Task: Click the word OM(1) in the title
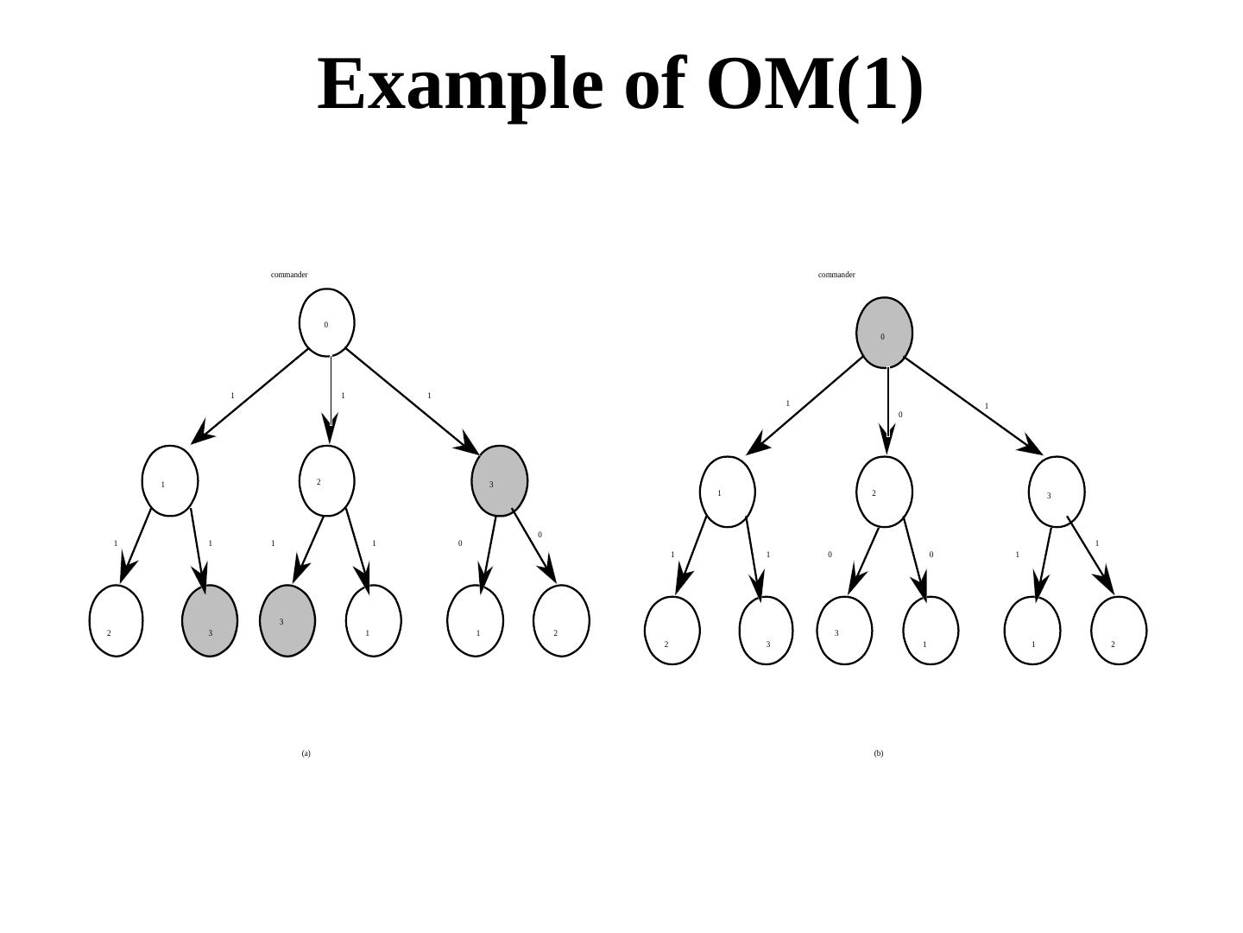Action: (x=815, y=84)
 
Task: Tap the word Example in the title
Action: (x=460, y=84)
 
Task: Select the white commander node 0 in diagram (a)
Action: (x=327, y=322)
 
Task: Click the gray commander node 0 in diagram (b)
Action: (x=885, y=333)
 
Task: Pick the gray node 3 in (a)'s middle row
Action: (x=500, y=481)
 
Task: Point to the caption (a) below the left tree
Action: (x=306, y=753)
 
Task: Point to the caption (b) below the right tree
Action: (x=879, y=753)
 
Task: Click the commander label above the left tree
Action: (x=289, y=275)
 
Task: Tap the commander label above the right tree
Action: (x=836, y=275)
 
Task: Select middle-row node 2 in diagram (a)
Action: (x=327, y=481)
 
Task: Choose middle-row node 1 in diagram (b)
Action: (x=728, y=492)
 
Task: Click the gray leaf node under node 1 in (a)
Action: (x=210, y=621)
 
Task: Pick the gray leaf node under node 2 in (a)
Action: (x=287, y=621)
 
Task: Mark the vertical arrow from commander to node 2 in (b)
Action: (x=887, y=406)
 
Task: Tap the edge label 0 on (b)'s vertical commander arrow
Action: (x=900, y=415)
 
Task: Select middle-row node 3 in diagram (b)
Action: (x=1057, y=492)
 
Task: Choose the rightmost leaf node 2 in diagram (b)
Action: (x=1119, y=631)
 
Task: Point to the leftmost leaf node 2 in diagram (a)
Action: (x=117, y=621)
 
